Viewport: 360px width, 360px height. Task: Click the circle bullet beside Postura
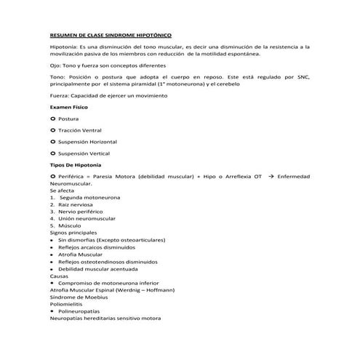point(52,118)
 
